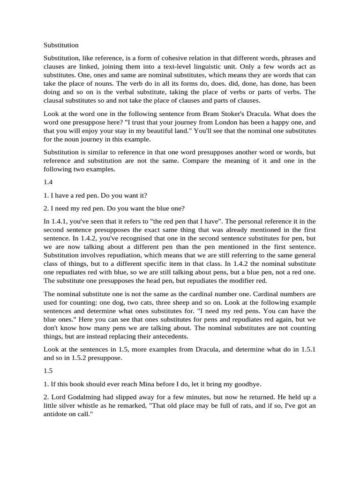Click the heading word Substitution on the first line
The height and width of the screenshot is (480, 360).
[61, 45]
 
